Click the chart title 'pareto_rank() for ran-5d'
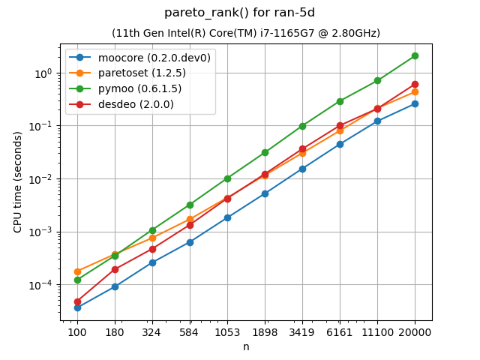coord(246,13)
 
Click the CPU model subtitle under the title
coord(246,33)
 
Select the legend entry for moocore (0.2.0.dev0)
coord(154,58)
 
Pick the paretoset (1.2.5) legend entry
coord(142,73)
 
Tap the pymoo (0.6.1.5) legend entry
coord(139,88)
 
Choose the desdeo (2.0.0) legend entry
coord(136,104)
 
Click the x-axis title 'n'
coord(246,346)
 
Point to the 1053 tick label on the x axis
coord(227,331)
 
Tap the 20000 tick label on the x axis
coord(415,331)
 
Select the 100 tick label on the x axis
coord(77,331)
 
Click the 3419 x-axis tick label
coord(302,331)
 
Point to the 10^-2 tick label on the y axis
coord(42,179)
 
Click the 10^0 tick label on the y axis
coord(43,73)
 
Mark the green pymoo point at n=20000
coord(415,55)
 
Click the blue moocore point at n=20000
coord(415,103)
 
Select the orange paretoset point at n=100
coord(77,271)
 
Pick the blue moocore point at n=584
coord(190,242)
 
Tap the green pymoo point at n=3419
coord(302,126)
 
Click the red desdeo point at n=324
coord(152,249)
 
